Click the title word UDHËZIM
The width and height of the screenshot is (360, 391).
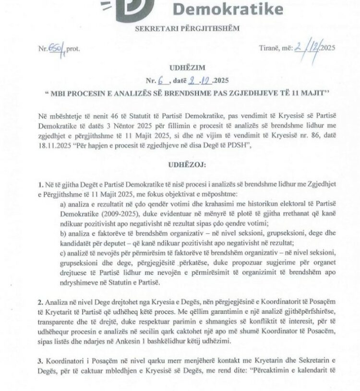180,69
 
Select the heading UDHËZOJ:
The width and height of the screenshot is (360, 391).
180,164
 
